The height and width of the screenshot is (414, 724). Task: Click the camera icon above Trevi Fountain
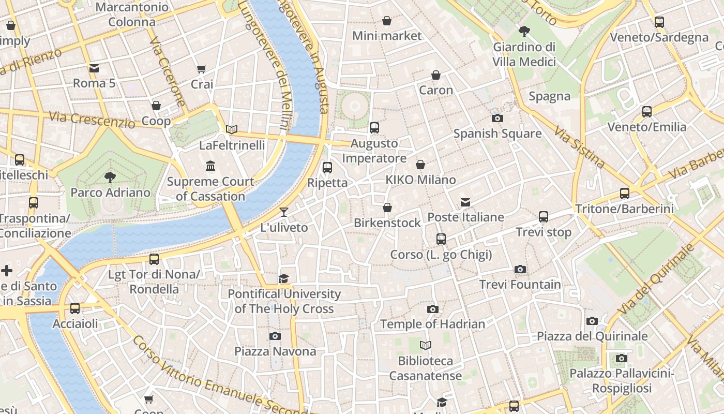520,269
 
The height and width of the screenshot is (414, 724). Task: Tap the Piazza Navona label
275,351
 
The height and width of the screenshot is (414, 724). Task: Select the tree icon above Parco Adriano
110,178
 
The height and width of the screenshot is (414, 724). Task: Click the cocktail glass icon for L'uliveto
283,212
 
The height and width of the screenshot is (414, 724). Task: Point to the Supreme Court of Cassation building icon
210,166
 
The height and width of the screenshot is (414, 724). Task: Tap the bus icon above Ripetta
327,167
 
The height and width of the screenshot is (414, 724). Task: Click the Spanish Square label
497,134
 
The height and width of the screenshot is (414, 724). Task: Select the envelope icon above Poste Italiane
465,202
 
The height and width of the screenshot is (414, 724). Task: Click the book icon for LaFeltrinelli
232,129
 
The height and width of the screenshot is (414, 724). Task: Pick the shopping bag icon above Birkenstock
387,208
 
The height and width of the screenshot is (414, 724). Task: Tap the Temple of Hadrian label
433,324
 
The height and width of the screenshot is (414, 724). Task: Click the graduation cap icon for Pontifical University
283,279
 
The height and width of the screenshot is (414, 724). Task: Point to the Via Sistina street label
579,147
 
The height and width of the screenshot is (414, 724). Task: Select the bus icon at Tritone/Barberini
625,194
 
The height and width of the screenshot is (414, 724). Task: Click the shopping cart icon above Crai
202,69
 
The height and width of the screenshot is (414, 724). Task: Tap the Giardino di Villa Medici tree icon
524,32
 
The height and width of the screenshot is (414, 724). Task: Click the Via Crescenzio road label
92,119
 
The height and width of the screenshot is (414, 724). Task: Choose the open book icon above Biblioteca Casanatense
426,345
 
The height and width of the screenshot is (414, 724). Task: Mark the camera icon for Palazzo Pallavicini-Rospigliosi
621,358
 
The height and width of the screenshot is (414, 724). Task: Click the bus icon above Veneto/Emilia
646,111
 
